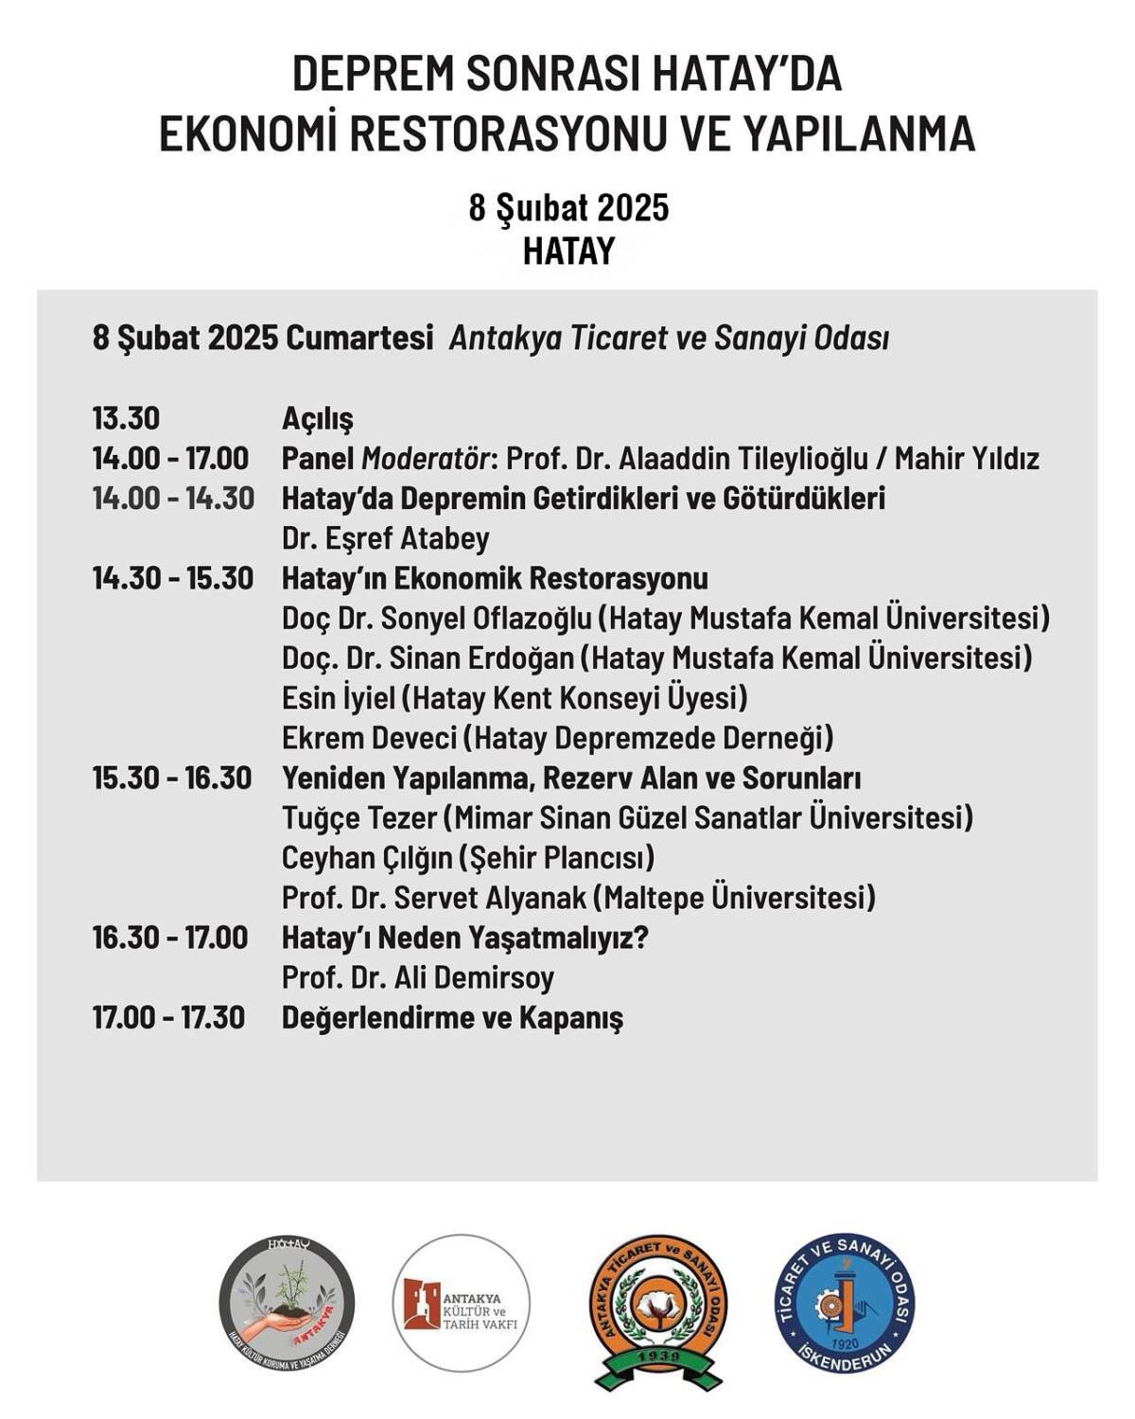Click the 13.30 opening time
tap(126, 418)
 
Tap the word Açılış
tap(317, 419)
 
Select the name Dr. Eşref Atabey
tap(385, 538)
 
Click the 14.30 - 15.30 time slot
tap(172, 578)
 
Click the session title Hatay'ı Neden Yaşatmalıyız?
tap(464, 938)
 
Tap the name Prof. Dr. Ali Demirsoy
tap(417, 978)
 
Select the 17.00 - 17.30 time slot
tap(168, 1018)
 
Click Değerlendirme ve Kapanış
tap(452, 1019)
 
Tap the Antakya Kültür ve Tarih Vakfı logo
tap(462, 1302)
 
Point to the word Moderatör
tap(426, 459)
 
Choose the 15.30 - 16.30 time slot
tap(172, 778)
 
